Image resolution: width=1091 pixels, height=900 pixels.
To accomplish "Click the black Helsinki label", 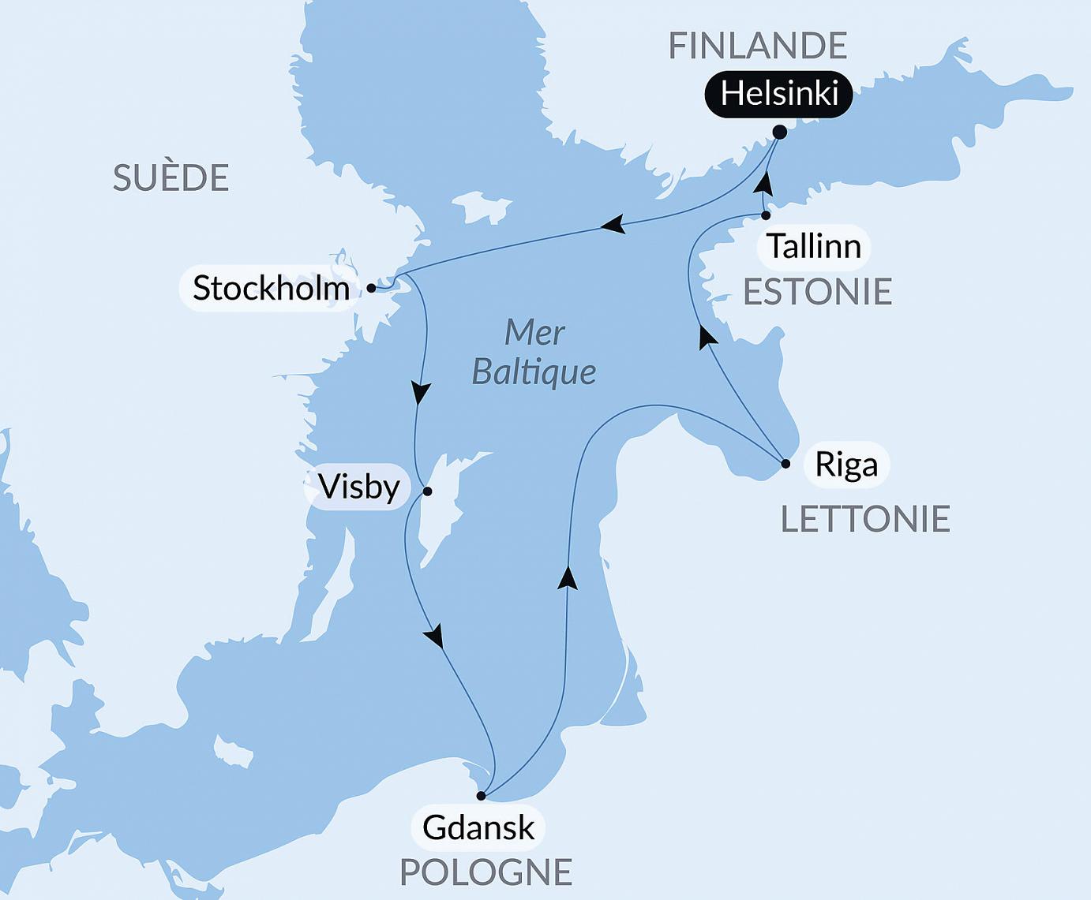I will [x=778, y=95].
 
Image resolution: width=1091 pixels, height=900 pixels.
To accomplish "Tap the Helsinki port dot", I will [x=780, y=132].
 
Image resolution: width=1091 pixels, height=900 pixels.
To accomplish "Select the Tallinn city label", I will [x=813, y=246].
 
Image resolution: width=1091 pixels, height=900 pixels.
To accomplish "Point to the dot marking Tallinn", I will [x=766, y=215].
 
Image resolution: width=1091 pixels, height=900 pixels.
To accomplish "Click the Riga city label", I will [x=846, y=465].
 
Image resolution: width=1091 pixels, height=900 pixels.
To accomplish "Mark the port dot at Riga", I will [x=785, y=464].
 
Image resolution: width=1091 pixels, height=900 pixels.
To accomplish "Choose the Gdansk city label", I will [x=478, y=827].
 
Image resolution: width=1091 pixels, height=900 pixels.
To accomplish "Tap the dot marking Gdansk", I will [x=481, y=796].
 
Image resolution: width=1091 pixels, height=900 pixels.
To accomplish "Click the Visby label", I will [x=359, y=487].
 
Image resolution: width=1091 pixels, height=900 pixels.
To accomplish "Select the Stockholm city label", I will [x=271, y=288].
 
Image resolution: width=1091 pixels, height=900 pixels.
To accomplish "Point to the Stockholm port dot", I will [x=371, y=289].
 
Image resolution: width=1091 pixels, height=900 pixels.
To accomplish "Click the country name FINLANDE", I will [x=757, y=46].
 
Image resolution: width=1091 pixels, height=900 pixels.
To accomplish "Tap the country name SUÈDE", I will [x=171, y=177].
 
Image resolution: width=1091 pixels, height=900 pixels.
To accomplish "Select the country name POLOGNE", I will [x=486, y=872].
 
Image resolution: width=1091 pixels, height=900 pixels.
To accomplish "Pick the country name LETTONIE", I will [x=865, y=519].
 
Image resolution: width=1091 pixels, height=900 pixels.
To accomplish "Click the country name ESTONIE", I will [x=817, y=292].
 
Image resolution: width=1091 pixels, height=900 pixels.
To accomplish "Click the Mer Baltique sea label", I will [x=534, y=352].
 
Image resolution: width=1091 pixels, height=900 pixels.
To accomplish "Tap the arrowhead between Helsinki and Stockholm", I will [x=613, y=226].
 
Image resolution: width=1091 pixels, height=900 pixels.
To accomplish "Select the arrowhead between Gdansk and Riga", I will [x=568, y=577].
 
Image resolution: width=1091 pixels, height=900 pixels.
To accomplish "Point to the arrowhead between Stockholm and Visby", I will [x=422, y=393].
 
